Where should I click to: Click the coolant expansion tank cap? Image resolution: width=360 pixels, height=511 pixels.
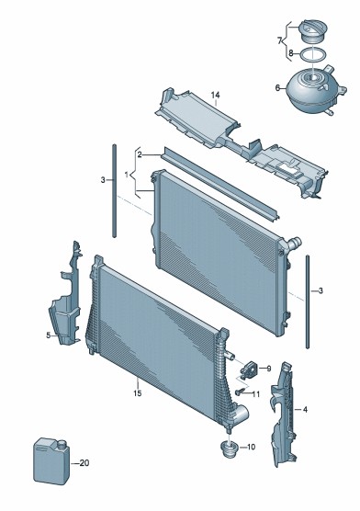(313, 31)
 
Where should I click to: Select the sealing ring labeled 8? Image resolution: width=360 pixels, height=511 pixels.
(313, 55)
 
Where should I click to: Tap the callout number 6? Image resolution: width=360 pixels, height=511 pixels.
(277, 87)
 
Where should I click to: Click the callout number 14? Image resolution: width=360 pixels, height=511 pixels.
(215, 96)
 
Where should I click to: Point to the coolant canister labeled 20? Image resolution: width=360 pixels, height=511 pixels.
(51, 460)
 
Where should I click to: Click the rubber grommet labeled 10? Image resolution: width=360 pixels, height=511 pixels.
(230, 449)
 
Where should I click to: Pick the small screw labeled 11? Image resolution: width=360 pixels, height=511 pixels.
(240, 392)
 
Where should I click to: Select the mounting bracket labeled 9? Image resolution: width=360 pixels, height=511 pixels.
(249, 369)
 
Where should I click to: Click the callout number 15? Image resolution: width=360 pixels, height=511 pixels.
(138, 393)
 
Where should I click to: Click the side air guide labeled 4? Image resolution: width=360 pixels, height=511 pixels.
(284, 413)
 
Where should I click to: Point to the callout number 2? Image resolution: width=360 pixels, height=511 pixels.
(140, 154)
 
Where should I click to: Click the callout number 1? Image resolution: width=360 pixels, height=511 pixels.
(127, 175)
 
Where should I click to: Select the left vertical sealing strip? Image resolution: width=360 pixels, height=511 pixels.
(115, 190)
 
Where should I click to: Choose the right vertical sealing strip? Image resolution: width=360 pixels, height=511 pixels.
(308, 301)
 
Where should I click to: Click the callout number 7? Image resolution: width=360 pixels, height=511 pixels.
(279, 40)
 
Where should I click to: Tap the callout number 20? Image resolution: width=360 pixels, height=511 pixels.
(84, 462)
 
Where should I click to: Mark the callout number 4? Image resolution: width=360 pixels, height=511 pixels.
(305, 409)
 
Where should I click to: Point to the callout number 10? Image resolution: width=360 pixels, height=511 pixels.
(251, 447)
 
